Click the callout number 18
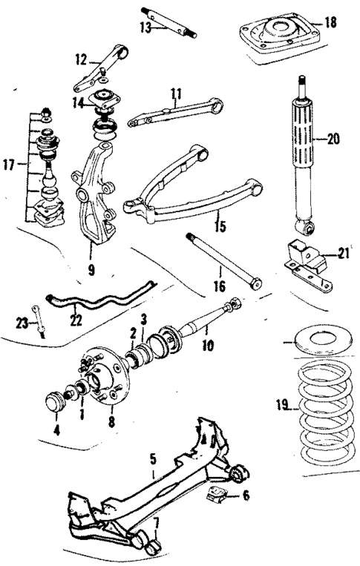coord(330,23)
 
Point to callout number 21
coord(342,254)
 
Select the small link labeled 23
coord(38,321)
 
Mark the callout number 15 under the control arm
coord(218,225)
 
